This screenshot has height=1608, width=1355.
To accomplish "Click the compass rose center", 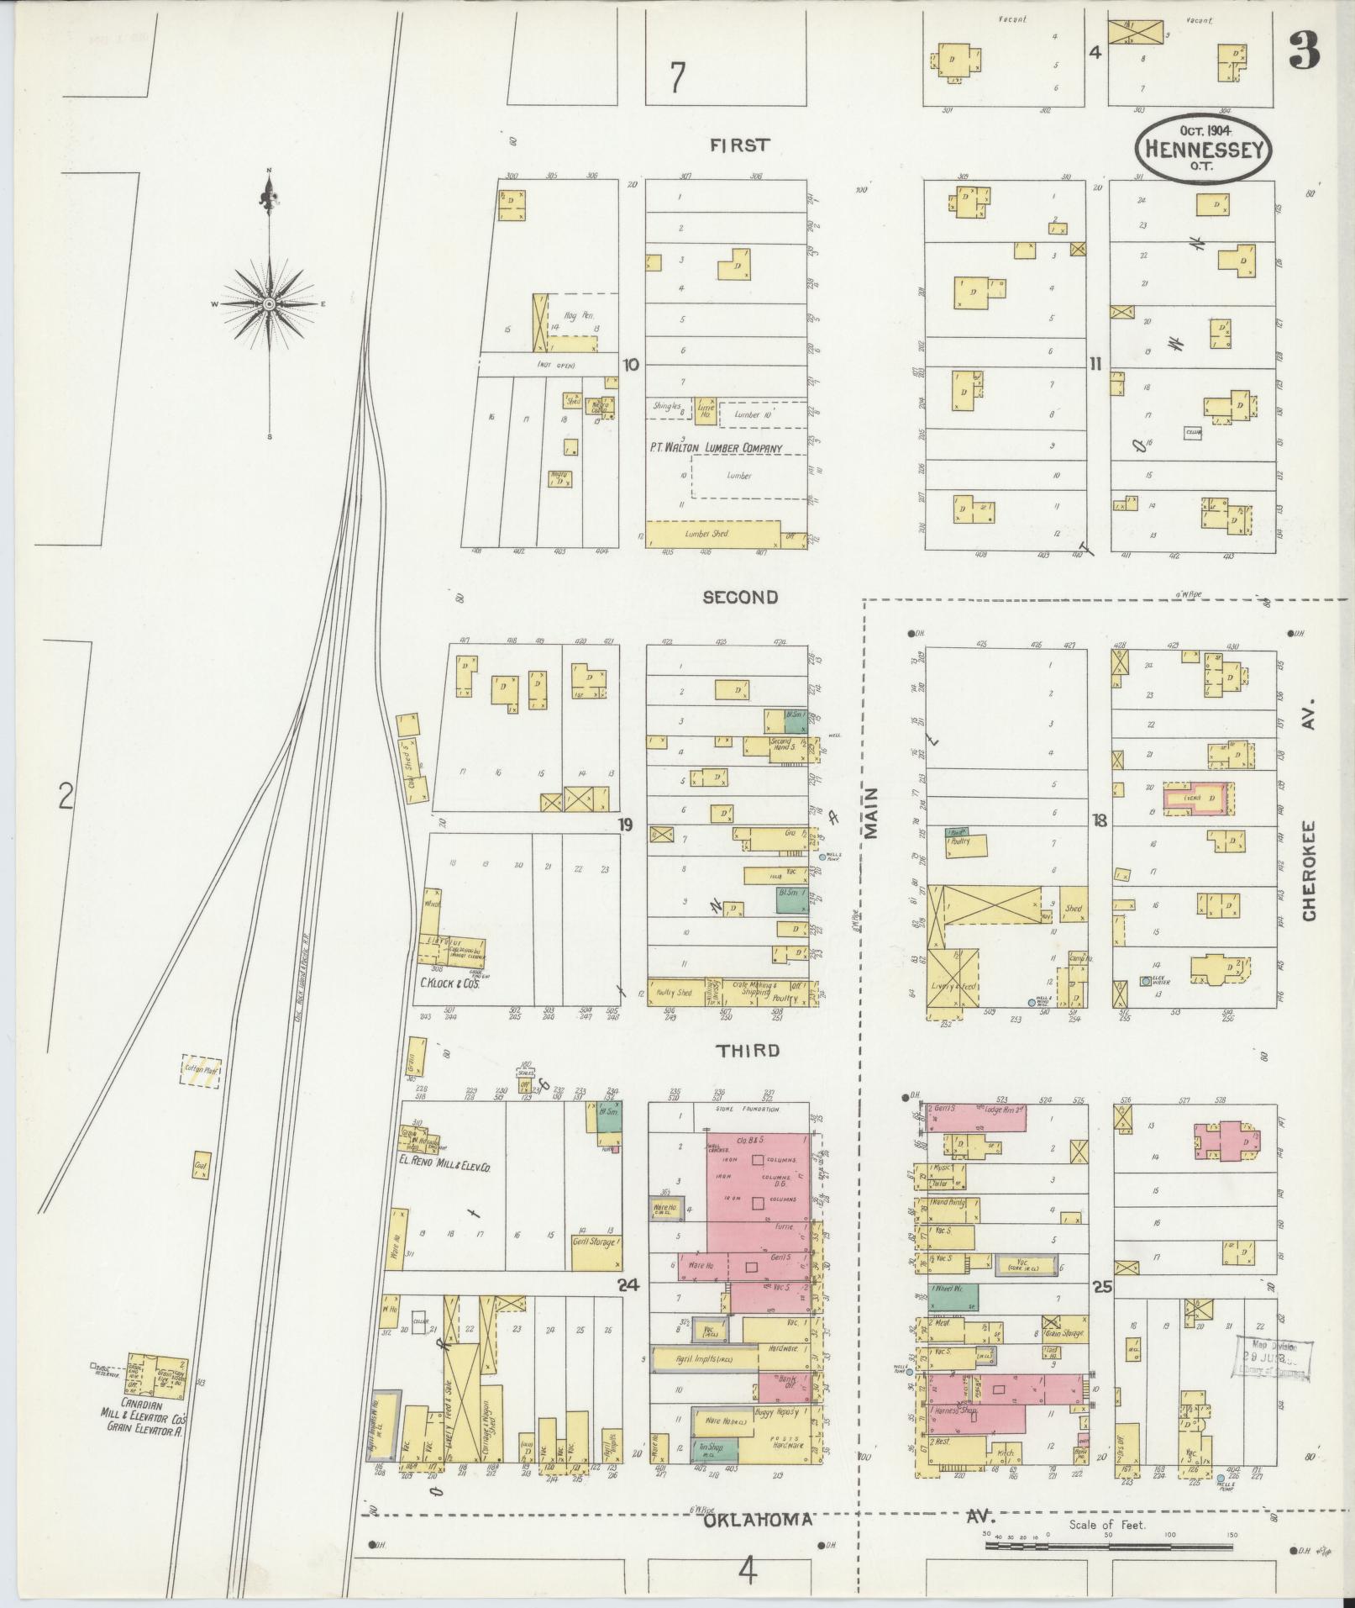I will tap(269, 303).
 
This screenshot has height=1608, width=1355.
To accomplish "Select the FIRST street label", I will tap(739, 145).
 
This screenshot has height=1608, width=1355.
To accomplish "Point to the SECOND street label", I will tap(740, 597).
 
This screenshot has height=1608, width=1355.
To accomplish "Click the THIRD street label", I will tap(748, 1051).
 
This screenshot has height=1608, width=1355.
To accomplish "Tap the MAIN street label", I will tap(870, 813).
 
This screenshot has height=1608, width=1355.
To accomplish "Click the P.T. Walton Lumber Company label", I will tap(716, 448).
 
